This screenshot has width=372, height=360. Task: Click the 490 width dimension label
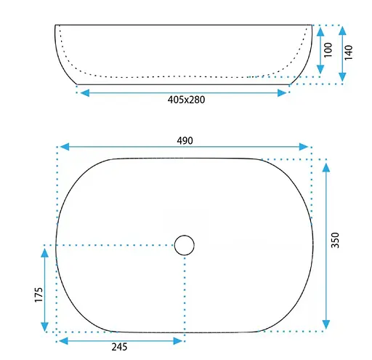pyautogui.click(x=185, y=140)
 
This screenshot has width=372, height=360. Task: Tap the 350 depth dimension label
pyautogui.click(x=335, y=240)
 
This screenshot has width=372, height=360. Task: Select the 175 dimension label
pyautogui.click(x=39, y=295)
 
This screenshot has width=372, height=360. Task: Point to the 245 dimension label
pyautogui.click(x=119, y=347)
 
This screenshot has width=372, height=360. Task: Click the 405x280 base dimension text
pyautogui.click(x=186, y=100)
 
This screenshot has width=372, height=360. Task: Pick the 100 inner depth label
pyautogui.click(x=328, y=50)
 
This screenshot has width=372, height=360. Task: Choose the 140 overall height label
pyautogui.click(x=349, y=52)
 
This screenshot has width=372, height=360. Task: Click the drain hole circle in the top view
pyautogui.click(x=185, y=245)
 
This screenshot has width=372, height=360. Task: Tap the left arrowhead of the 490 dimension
pyautogui.click(x=65, y=147)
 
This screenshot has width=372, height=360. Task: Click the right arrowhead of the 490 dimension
pyautogui.click(x=304, y=147)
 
